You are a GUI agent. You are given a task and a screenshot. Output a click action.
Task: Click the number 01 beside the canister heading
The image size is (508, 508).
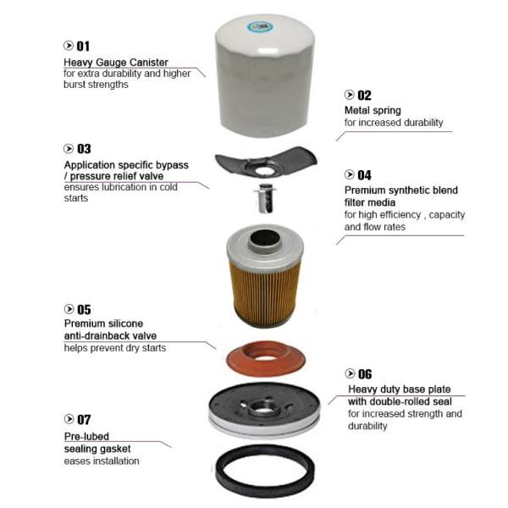point(83,47)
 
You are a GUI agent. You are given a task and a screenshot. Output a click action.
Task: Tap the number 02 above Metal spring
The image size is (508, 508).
point(364,95)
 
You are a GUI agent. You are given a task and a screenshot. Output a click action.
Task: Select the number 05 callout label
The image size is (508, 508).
point(84,310)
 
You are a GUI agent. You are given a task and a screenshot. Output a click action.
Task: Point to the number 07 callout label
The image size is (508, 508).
point(84,420)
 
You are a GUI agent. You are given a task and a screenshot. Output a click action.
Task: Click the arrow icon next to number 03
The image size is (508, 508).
point(69,148)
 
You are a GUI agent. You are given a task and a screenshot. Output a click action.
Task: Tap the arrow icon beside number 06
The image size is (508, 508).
point(350,373)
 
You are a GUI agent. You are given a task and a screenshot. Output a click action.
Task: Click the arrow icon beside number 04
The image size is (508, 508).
point(349,174)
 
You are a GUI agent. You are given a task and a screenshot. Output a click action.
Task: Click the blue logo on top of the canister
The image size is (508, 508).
point(260,27)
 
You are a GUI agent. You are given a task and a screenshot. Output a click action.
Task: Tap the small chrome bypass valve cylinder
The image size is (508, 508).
point(265,199)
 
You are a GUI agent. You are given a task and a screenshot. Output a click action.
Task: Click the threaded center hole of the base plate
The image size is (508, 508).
point(262,406)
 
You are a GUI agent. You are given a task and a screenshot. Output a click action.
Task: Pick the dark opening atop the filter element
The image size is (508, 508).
point(265,240)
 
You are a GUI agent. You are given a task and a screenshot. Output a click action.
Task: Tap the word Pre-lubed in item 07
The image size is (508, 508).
point(86,436)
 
